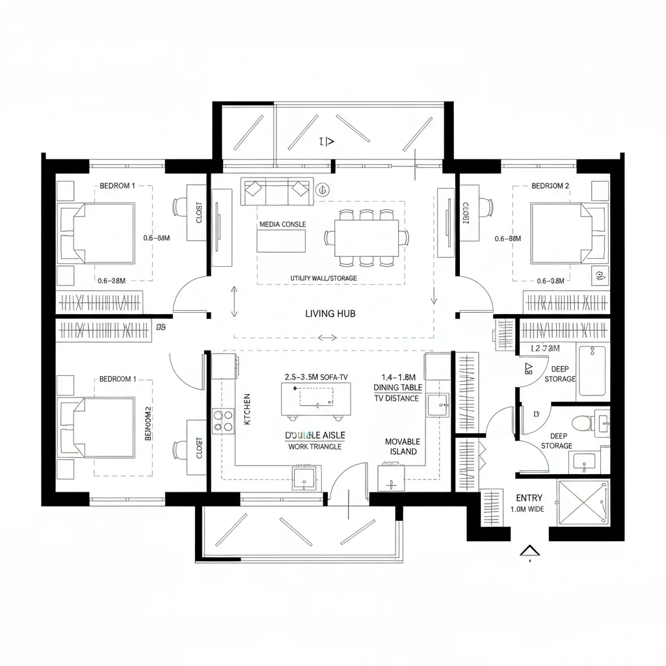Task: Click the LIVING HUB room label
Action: point(330,313)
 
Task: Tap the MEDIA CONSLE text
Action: point(282,224)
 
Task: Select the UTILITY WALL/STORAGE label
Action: point(323,278)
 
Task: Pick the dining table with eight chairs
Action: point(367,238)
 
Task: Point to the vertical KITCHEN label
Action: point(246,409)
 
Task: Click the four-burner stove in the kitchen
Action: point(222,420)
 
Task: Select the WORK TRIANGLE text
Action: point(315,447)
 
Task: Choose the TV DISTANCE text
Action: point(396,398)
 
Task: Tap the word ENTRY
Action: point(529,498)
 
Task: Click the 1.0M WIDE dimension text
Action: point(527,509)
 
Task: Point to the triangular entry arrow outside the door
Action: point(530,552)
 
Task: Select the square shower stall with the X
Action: point(584,501)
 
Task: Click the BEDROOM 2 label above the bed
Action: point(550,185)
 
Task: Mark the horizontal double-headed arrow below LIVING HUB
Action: point(327,338)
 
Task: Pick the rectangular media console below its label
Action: point(281,241)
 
